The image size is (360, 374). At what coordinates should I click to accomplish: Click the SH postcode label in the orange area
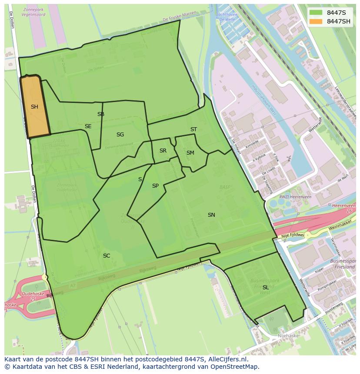34,107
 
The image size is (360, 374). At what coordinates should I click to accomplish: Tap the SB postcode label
101,114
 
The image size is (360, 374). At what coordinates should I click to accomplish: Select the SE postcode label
88,126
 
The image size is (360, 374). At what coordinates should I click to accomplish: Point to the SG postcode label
120,135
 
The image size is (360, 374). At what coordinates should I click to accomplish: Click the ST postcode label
193,129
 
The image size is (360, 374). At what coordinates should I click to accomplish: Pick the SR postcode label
163,151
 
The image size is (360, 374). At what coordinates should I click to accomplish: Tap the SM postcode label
190,153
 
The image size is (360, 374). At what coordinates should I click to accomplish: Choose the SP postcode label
155,186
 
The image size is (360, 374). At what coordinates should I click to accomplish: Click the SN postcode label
211,215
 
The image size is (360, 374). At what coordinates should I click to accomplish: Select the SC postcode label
107,256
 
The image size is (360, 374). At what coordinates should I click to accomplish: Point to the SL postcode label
265,288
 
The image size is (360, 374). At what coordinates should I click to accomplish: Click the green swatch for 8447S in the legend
316,13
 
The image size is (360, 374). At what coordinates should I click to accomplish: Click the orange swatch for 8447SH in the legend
316,22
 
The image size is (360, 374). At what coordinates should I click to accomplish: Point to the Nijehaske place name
288,336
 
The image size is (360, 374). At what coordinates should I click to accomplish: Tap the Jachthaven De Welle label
226,17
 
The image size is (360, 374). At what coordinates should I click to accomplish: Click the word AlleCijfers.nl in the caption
226,359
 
